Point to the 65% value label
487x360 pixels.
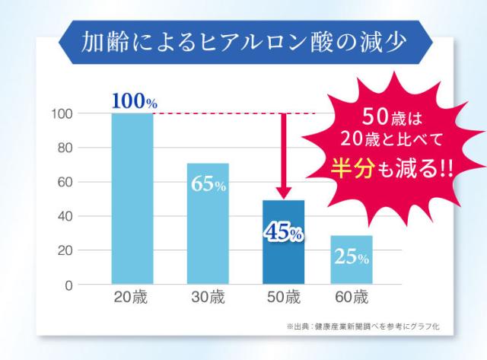(208, 186)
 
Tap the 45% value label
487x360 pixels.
(283, 232)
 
